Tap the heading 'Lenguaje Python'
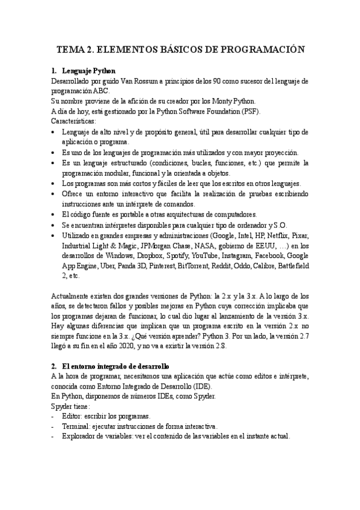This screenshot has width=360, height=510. point(88,71)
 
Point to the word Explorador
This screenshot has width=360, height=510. point(81,436)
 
